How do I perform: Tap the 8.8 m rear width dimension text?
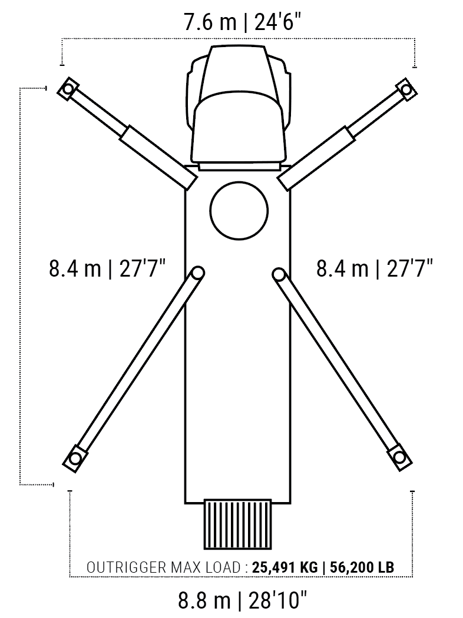click(242, 601)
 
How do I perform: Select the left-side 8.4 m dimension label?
click(107, 269)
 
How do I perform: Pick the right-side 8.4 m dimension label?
click(375, 269)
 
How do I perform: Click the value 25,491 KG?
click(285, 567)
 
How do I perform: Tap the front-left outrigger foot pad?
click(68, 89)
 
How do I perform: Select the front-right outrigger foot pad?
click(406, 89)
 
